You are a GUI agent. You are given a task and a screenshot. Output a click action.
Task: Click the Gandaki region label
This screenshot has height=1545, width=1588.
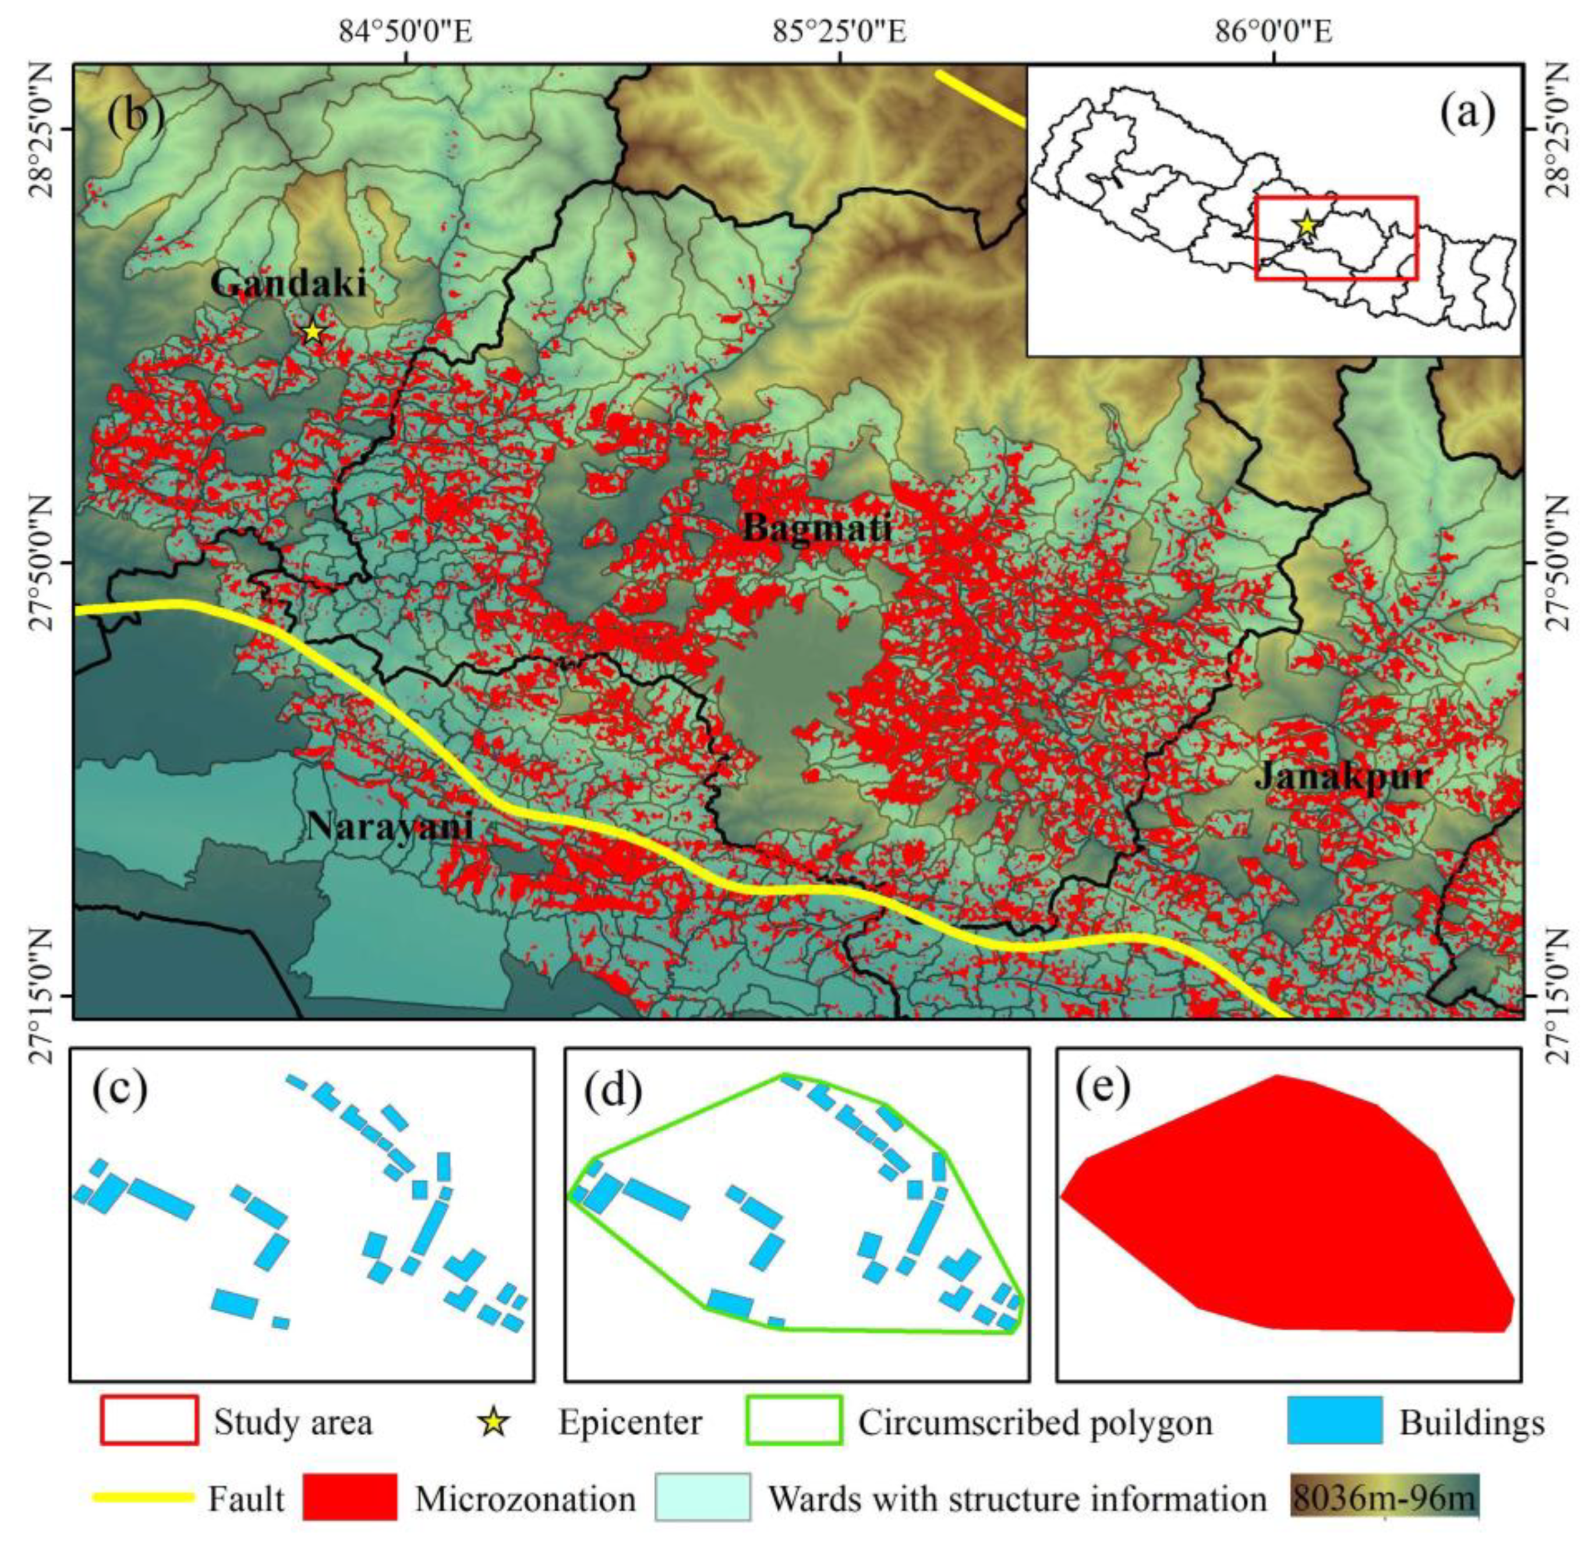tap(288, 283)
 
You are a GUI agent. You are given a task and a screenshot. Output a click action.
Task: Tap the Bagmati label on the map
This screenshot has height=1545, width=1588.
tap(816, 529)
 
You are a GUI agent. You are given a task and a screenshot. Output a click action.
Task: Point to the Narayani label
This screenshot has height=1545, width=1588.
tap(390, 827)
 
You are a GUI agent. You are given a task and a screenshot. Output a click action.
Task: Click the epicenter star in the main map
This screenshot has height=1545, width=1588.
tap(313, 333)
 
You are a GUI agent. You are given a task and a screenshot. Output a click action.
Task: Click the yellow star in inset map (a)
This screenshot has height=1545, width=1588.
tap(1306, 225)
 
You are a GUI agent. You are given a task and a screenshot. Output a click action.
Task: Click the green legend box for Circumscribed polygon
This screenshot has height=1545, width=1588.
tap(793, 1420)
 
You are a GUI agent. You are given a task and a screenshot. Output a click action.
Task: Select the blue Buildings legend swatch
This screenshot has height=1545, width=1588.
tap(1334, 1420)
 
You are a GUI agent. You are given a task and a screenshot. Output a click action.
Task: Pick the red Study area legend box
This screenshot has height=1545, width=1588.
tap(149, 1420)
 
